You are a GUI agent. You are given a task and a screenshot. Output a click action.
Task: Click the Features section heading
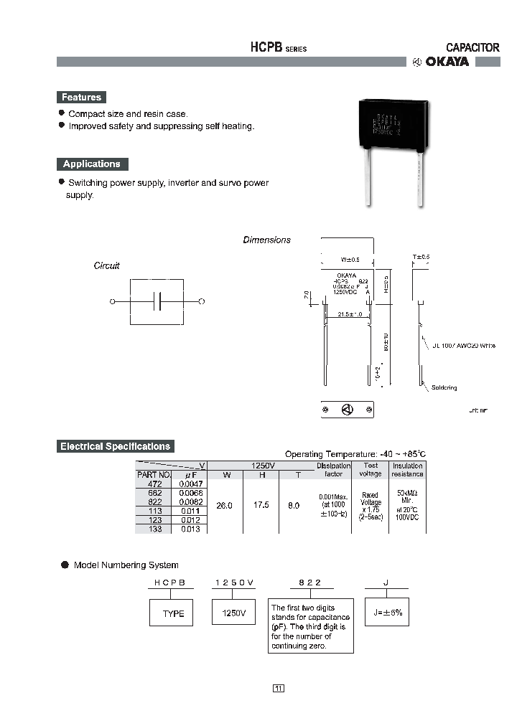(81, 98)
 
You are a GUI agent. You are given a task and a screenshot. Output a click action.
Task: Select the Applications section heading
(91, 164)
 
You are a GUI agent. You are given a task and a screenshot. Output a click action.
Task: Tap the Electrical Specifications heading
(115, 446)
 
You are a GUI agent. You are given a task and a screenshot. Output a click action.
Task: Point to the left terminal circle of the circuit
(112, 302)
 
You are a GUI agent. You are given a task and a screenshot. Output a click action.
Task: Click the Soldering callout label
(444, 388)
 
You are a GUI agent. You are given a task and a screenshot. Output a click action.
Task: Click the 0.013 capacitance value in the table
(190, 529)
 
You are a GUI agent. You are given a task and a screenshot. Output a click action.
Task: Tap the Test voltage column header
(371, 470)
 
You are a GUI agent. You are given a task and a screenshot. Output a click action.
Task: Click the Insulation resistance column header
(407, 470)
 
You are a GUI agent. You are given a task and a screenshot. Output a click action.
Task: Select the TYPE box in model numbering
(171, 613)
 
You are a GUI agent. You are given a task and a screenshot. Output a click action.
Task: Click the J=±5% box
(388, 613)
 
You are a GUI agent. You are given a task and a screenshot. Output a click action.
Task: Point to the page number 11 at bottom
(279, 689)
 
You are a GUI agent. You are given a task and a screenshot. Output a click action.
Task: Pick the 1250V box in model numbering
(233, 613)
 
